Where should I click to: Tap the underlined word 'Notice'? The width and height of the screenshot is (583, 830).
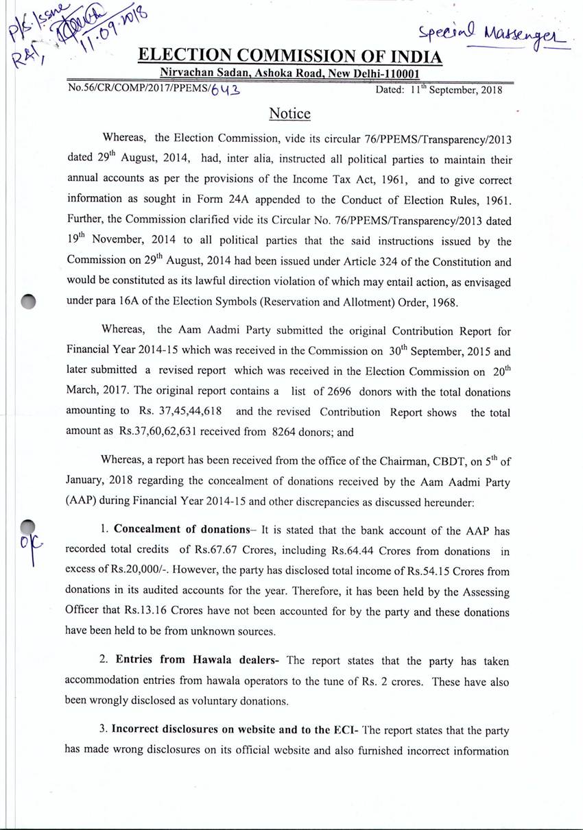289,113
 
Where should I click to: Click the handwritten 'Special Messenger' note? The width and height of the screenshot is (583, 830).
495,32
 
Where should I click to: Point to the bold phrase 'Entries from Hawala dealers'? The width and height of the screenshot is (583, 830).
200,661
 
